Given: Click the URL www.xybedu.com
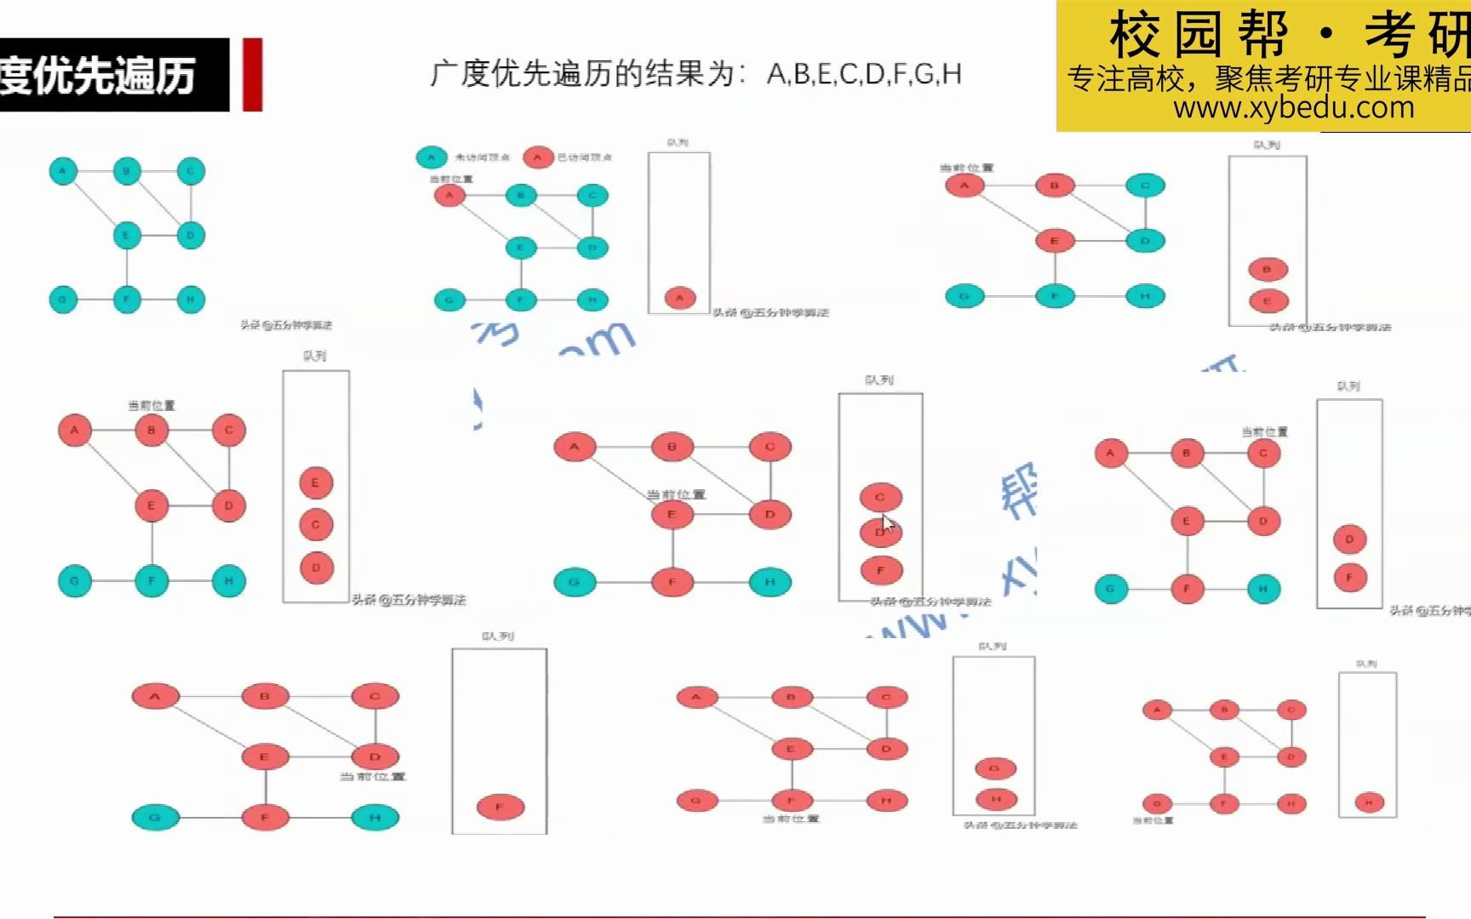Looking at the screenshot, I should pos(1293,108).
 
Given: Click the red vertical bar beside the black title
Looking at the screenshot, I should pos(252,74).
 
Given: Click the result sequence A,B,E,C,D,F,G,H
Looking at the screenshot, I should pos(864,74).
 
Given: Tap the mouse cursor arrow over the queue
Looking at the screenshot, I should pos(887,523).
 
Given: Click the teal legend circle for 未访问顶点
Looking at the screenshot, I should pos(432,157).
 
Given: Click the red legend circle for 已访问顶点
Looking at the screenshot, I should pos(537,157).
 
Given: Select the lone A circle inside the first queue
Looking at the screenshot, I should pos(679,298).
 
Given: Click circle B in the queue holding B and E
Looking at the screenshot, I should pos(1267,270).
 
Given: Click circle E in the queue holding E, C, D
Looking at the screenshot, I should pos(315,482).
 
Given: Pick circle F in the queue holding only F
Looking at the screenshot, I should pos(500,807).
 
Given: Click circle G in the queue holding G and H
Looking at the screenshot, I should pos(994,768).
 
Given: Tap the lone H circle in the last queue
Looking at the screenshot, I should pos(1369,802).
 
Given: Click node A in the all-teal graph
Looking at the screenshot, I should pos(63,171).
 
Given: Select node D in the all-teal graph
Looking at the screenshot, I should pos(191,236).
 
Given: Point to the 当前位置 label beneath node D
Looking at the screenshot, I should pos(373,777).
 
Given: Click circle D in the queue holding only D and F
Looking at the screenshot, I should pos(1349,539).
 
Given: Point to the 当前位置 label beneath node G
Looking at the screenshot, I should pos(1153,821).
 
